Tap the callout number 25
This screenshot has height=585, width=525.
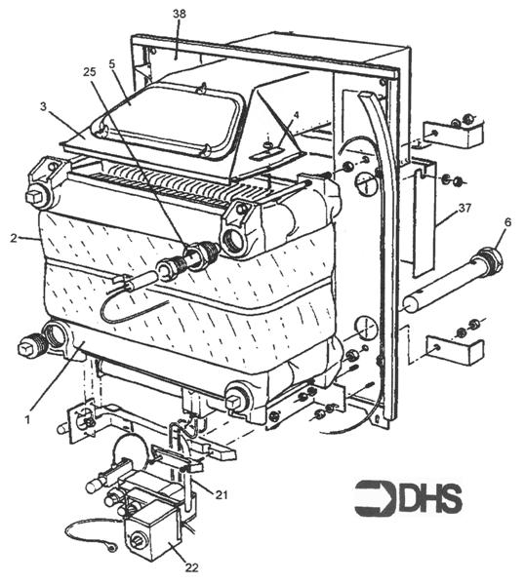coord(90,74)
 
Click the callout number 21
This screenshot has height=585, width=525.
coord(222,493)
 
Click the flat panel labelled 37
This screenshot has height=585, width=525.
coord(421,219)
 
